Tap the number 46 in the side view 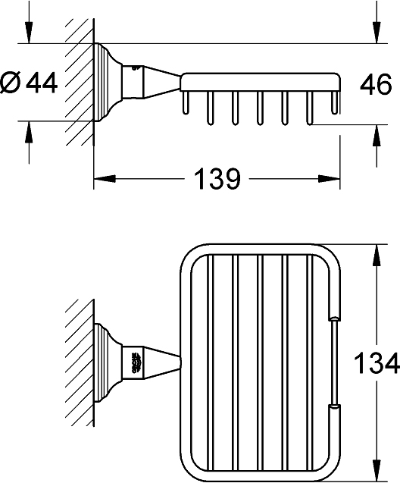[x=375, y=84]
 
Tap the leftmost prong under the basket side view [x=184, y=105]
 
